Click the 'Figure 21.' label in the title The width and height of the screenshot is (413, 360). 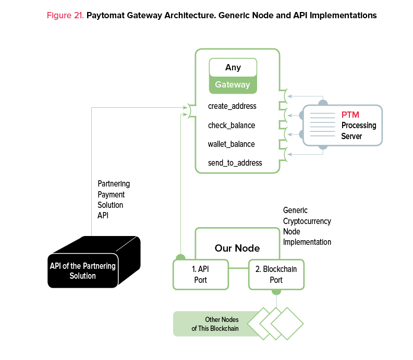pos(65,16)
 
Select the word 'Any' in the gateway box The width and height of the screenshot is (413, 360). pos(233,68)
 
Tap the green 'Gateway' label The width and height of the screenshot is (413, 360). pos(233,84)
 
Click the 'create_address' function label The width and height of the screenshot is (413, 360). pos(232,106)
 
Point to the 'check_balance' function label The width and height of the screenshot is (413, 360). pos(232,126)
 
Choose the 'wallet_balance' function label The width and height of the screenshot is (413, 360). pos(232,144)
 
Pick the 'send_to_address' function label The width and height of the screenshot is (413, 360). pos(235,163)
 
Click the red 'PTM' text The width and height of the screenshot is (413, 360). pos(350,115)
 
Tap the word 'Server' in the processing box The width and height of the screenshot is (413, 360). pos(351,136)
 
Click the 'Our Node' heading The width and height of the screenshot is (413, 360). pos(237,248)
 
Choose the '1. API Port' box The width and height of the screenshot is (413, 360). pos(200,275)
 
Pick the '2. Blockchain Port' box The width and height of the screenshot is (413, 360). pos(276,275)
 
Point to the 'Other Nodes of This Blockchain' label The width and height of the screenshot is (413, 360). pos(215,324)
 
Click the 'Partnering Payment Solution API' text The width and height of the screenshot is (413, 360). pos(114,200)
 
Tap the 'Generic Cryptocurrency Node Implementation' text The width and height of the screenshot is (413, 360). pos(307,226)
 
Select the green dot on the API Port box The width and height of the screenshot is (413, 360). pos(180,257)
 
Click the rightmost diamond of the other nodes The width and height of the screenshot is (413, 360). pos(287,324)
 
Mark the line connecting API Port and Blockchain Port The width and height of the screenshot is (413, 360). pos(238,269)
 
